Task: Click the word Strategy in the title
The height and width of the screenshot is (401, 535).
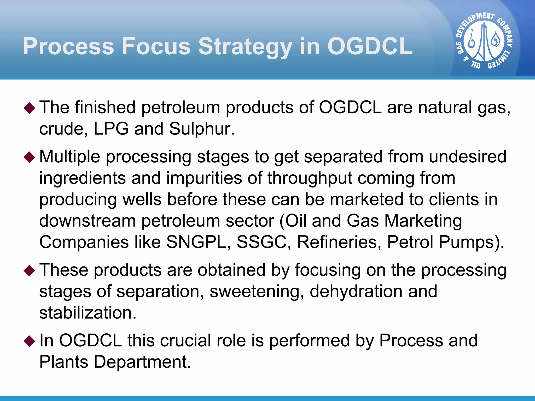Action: click(245, 46)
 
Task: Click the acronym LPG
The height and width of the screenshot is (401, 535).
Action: click(111, 129)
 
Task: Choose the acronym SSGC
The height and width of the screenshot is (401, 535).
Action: click(261, 242)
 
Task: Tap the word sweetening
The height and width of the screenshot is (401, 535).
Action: click(257, 291)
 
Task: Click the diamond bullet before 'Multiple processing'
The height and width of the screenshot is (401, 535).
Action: click(29, 157)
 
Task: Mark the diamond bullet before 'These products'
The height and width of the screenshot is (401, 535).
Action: click(29, 271)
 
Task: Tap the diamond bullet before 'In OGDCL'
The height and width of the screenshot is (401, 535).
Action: click(29, 341)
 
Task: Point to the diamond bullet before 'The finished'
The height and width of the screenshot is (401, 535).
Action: click(29, 108)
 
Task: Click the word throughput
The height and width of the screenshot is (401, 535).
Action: click(309, 178)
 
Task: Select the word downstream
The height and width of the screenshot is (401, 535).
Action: click(87, 221)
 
